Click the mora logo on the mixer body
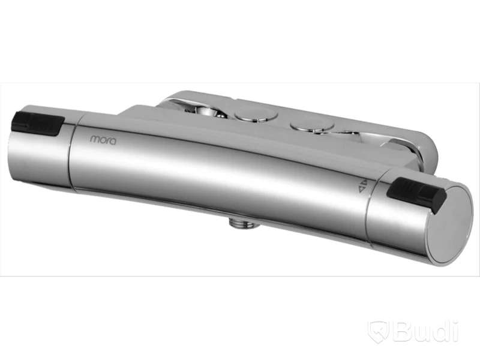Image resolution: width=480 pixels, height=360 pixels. (103, 140)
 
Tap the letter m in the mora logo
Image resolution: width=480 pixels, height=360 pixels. (94, 139)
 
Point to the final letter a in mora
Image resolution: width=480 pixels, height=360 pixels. (113, 142)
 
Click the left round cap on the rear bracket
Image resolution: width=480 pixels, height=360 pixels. (256, 115)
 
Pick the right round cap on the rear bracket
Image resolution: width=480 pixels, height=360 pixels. (312, 125)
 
